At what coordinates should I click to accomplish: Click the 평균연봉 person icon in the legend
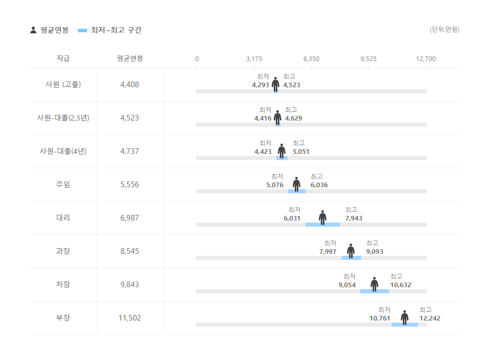coord(33,30)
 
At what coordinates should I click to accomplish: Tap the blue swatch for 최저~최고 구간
coord(83,30)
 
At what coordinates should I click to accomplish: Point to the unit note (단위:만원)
coord(444,30)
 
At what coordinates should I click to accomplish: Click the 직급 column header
coord(63,58)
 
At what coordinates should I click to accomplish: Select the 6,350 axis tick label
coord(311,58)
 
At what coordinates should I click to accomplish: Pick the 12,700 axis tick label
coord(426,58)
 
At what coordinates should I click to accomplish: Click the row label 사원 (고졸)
coord(63,85)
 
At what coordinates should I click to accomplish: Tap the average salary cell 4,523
coord(130,118)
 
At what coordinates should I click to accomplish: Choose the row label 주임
coord(63,185)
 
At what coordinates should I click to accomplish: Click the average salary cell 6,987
coord(130,218)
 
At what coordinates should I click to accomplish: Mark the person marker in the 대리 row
coord(322,217)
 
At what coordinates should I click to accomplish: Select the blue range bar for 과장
coord(351,258)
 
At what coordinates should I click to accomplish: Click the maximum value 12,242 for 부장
coord(430,318)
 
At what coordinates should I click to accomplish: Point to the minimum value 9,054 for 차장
coord(347,285)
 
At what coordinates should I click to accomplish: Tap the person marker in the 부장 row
coord(404,317)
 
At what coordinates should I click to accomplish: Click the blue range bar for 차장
coord(374,291)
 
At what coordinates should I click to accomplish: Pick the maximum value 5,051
coord(301,152)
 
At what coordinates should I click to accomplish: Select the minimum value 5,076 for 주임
coord(275,185)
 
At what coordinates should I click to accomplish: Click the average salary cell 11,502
coord(130,318)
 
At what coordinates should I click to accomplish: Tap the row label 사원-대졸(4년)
coord(63,151)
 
